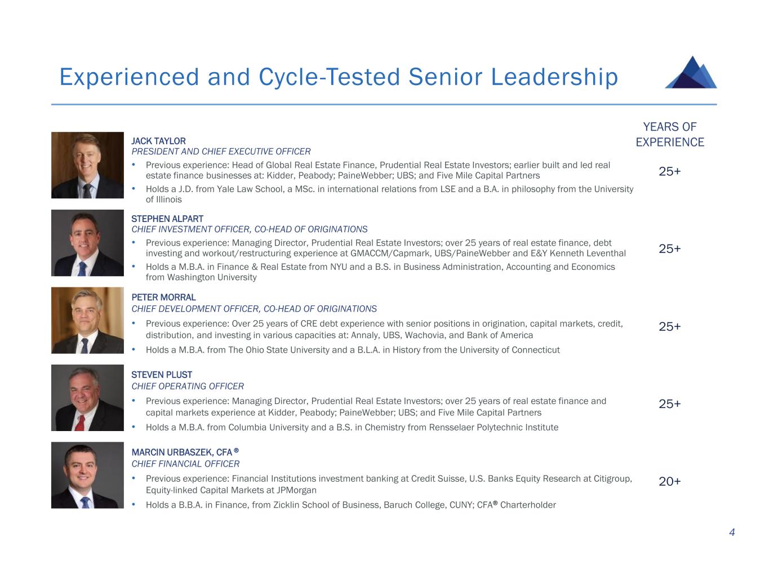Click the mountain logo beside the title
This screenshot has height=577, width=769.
click(691, 73)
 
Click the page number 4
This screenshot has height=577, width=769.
click(732, 532)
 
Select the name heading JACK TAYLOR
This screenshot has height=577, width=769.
click(158, 141)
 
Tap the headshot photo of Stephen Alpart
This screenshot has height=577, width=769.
click(87, 243)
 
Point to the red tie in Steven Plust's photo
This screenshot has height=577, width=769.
click(80, 423)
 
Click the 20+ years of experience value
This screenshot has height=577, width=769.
click(669, 481)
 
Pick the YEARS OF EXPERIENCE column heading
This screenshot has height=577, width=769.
click(670, 134)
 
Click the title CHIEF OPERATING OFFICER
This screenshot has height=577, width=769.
click(188, 386)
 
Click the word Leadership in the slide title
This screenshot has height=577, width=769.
click(554, 77)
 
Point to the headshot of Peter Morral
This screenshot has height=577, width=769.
click(87, 320)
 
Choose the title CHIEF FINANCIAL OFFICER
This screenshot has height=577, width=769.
click(185, 464)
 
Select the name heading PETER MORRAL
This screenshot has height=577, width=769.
click(163, 298)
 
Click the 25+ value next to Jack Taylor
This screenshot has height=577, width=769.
click(669, 171)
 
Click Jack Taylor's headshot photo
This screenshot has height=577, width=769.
click(87, 165)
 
